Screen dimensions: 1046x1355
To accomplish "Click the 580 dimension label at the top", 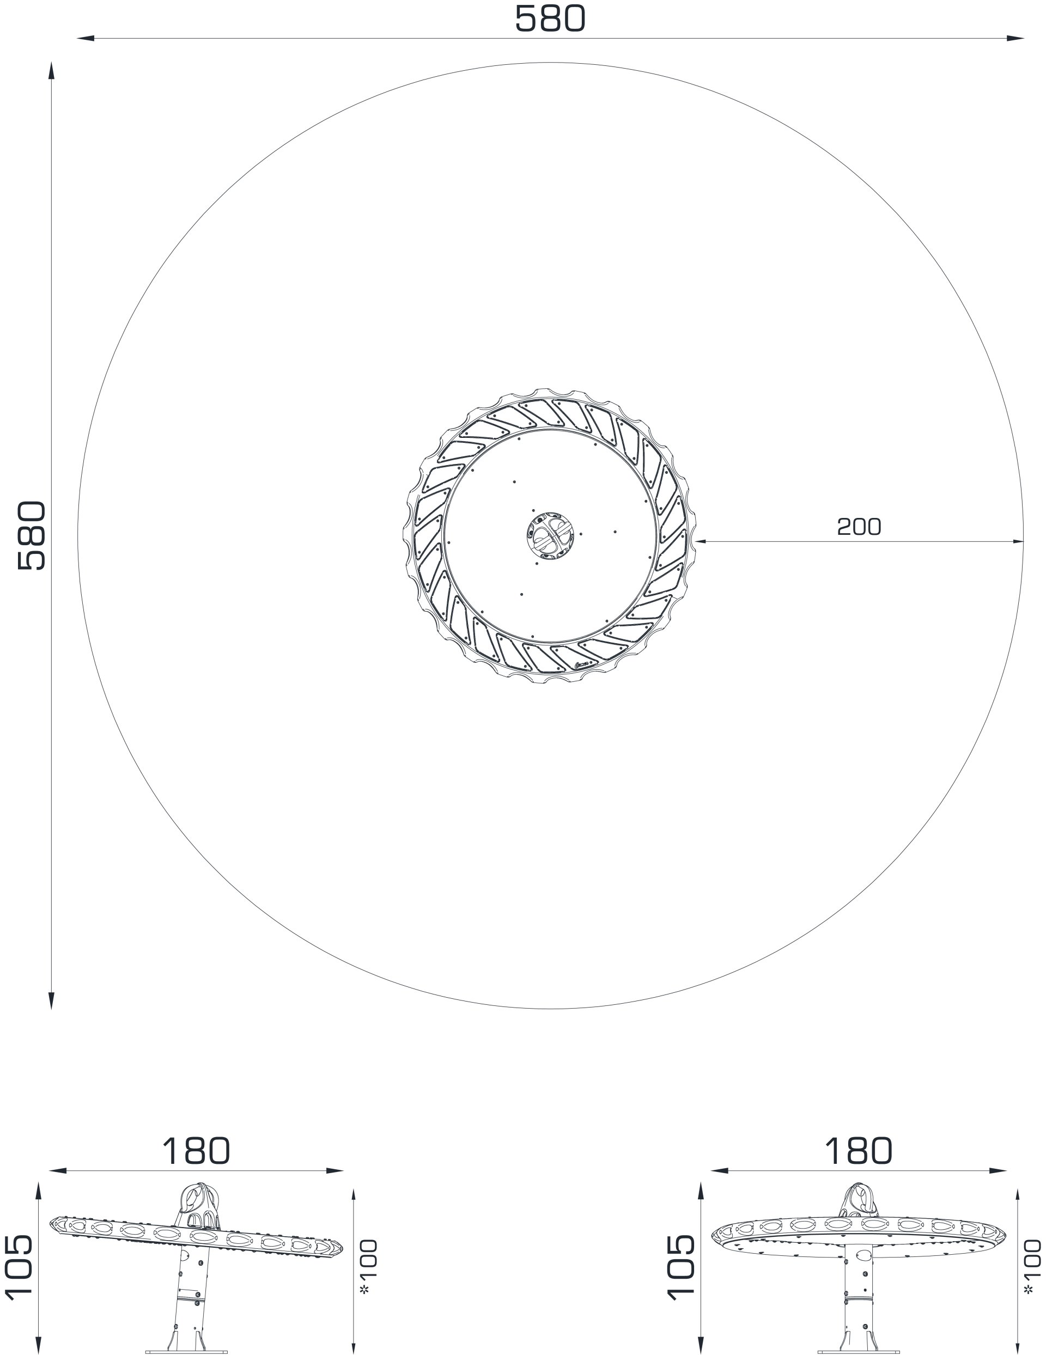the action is point(550,19).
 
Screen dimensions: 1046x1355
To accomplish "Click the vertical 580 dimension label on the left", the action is point(31,535).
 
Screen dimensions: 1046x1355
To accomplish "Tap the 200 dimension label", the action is point(859,527).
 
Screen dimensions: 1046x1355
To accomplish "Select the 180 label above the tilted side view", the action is point(196,1151).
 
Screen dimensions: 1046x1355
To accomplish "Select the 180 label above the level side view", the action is point(859,1151).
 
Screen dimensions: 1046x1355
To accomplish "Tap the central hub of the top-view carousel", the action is point(550,535).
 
